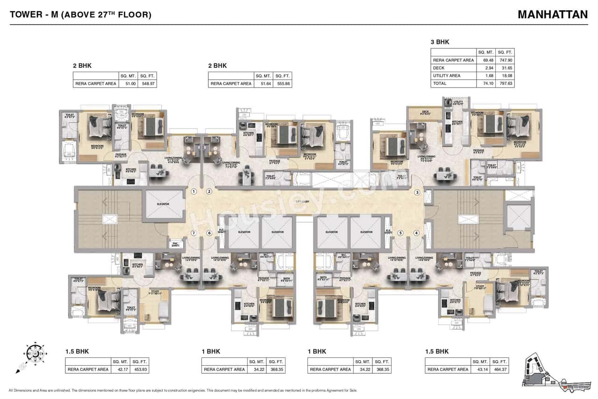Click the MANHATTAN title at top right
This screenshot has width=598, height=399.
(x=553, y=15)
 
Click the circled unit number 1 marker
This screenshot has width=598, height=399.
(x=194, y=191)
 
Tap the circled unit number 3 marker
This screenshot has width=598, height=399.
(x=417, y=192)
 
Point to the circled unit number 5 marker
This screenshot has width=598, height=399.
(x=400, y=233)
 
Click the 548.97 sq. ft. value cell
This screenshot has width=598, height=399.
(x=148, y=84)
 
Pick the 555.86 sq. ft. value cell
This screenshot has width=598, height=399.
(x=283, y=84)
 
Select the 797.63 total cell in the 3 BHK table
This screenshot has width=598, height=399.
(x=505, y=83)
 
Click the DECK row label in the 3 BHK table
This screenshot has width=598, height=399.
(x=439, y=68)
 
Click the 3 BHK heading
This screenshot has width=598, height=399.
(x=440, y=42)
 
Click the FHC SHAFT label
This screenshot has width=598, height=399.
(x=176, y=244)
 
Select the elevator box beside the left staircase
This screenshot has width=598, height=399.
(x=164, y=204)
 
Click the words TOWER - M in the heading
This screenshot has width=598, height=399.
(x=33, y=15)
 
